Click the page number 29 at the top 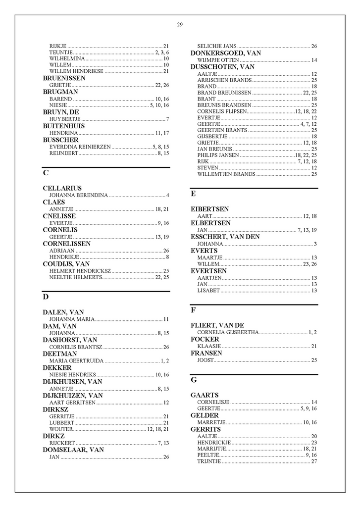click(x=180, y=25)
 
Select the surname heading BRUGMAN click(x=60, y=92)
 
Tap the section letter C click(x=46, y=173)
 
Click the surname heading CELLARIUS click(x=62, y=189)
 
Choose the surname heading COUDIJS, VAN click(x=66, y=264)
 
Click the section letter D click(x=46, y=297)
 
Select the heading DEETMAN click(x=59, y=354)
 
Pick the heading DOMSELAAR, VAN click(x=73, y=450)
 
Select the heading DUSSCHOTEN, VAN click(x=222, y=67)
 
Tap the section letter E click(x=193, y=194)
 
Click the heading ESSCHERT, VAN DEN click(x=225, y=237)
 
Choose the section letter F click(x=193, y=310)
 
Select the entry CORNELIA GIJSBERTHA click(x=227, y=332)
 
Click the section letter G click(x=194, y=380)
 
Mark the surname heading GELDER click(x=205, y=415)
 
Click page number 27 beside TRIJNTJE click(x=314, y=461)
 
